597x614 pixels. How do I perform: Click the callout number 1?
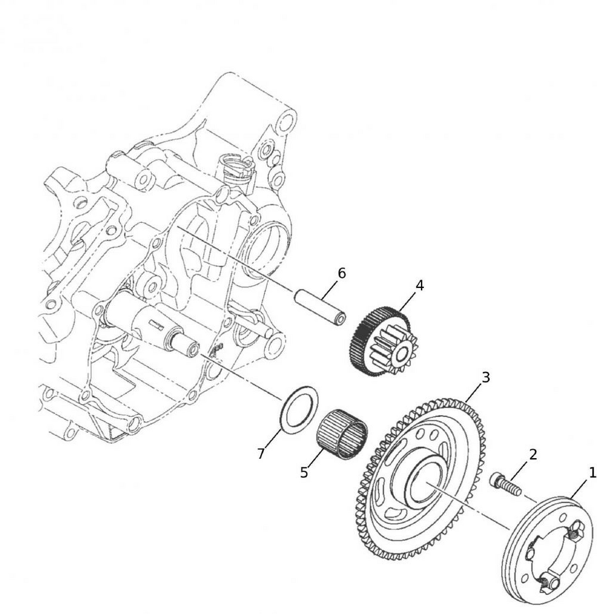[592, 473]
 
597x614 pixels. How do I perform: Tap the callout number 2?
[533, 454]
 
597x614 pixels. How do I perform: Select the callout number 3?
[485, 378]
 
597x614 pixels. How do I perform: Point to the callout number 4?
[420, 286]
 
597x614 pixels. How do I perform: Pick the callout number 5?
[304, 473]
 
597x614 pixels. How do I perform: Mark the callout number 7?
[261, 454]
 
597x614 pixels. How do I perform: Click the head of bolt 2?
[496, 478]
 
